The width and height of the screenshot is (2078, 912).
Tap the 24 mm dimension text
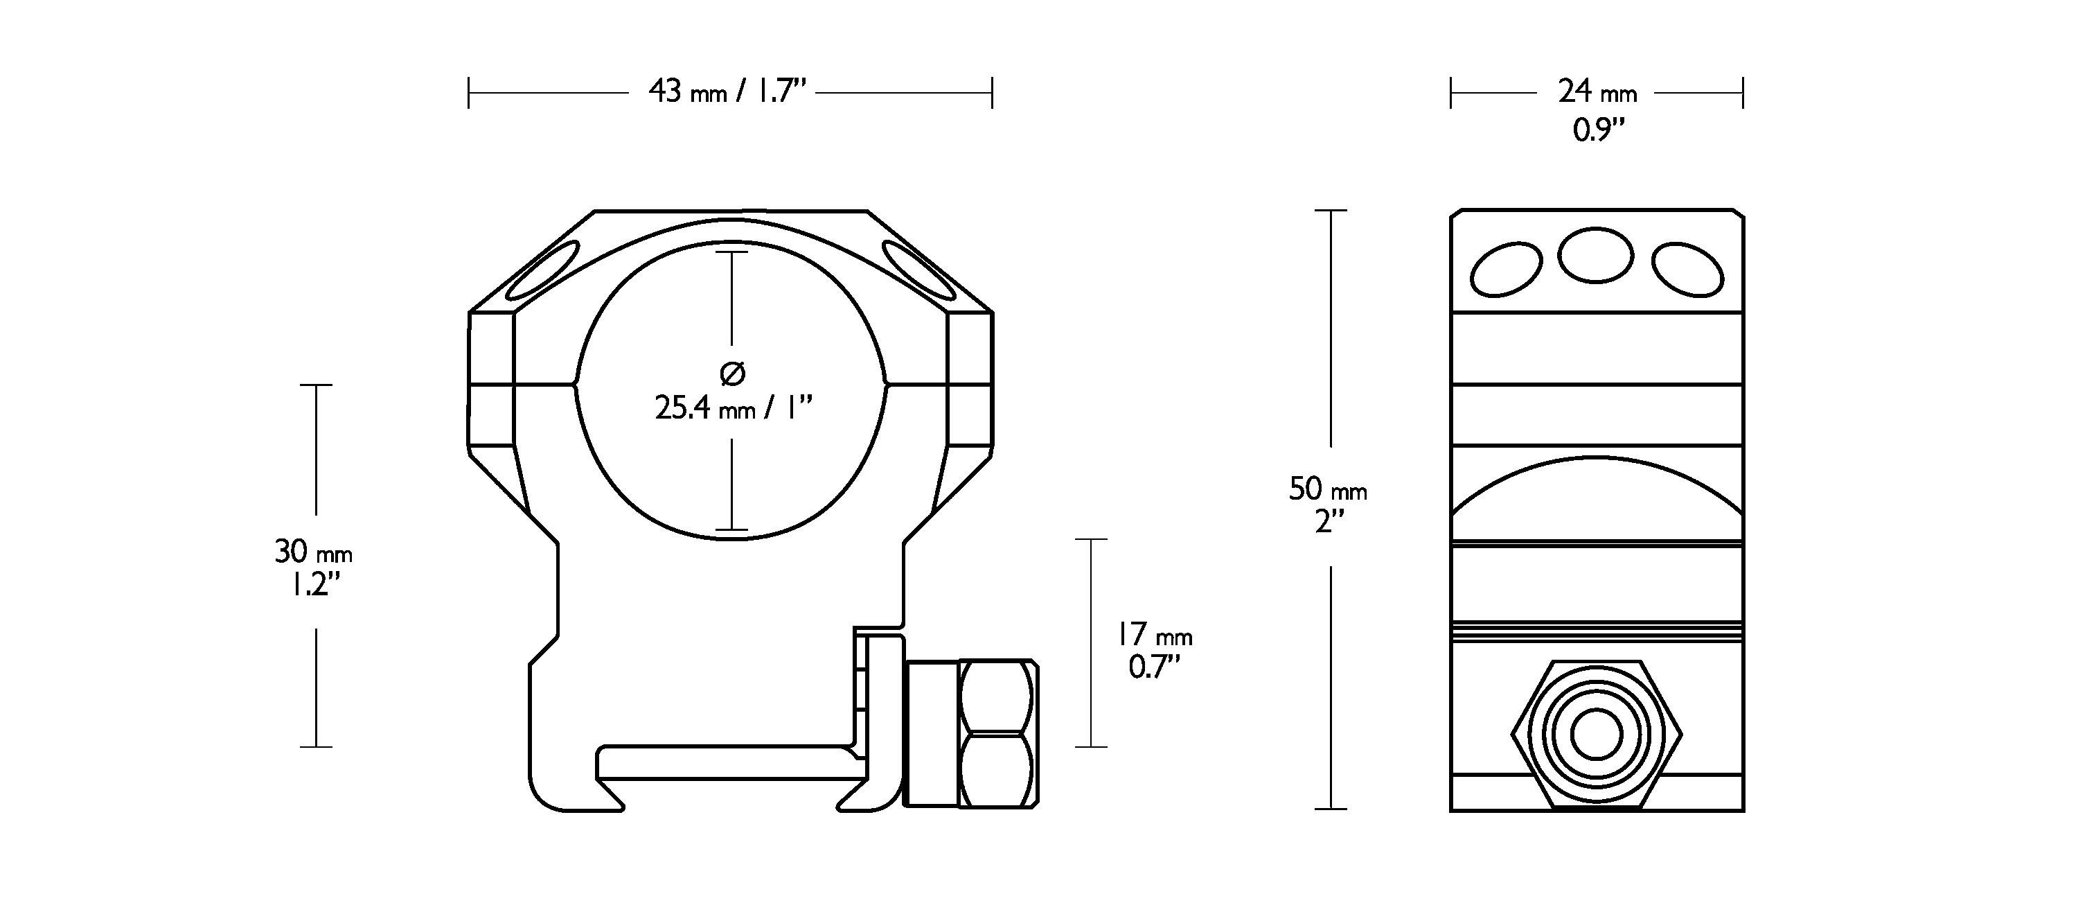[1597, 91]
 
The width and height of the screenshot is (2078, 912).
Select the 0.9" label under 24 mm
[1597, 130]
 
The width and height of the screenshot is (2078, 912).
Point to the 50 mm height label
[1328, 489]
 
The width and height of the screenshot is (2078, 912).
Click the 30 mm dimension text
[314, 552]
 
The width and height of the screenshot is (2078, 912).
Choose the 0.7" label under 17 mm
[1155, 667]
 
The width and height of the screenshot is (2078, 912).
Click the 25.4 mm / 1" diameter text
[732, 408]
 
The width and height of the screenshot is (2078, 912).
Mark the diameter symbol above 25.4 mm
[731, 373]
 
